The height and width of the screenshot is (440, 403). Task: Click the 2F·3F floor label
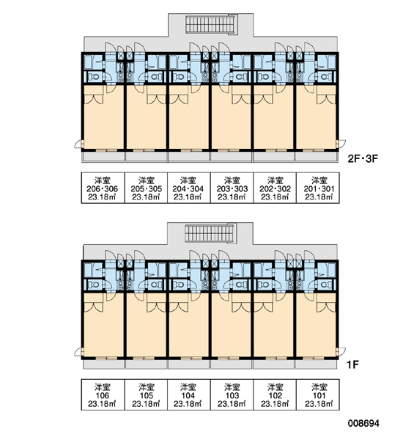click(x=363, y=159)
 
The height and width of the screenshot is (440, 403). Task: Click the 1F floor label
click(x=352, y=364)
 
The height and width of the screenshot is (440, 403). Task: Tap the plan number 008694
click(x=363, y=423)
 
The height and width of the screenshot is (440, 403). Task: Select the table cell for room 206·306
click(x=103, y=188)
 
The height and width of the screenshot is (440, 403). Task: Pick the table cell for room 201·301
click(x=318, y=188)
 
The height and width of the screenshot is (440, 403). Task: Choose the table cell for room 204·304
click(x=189, y=188)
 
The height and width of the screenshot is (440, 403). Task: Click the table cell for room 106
click(x=103, y=395)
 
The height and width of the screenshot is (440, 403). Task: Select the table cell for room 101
click(x=318, y=395)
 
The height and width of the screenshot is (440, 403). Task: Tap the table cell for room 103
click(x=232, y=395)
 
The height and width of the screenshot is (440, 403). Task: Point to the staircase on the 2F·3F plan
click(x=210, y=24)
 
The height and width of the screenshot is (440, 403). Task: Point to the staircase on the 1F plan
click(x=210, y=233)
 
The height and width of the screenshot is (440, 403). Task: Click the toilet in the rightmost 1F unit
click(x=325, y=285)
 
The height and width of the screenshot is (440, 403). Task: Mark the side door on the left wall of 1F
click(x=79, y=351)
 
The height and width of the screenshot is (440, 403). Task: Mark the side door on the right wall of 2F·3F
click(x=341, y=144)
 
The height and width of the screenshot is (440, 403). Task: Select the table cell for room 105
click(x=146, y=395)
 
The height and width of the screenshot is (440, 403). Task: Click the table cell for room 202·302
click(x=275, y=188)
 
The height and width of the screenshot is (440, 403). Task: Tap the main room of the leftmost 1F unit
click(x=104, y=326)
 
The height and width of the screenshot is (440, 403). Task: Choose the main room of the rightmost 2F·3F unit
click(x=316, y=117)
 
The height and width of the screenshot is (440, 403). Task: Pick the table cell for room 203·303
click(x=232, y=188)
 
